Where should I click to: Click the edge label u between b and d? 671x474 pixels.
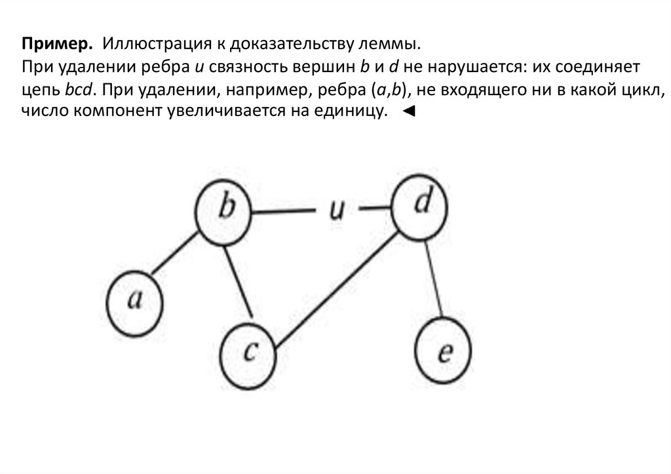pos(336,210)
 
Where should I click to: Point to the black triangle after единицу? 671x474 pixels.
pos(408,112)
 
